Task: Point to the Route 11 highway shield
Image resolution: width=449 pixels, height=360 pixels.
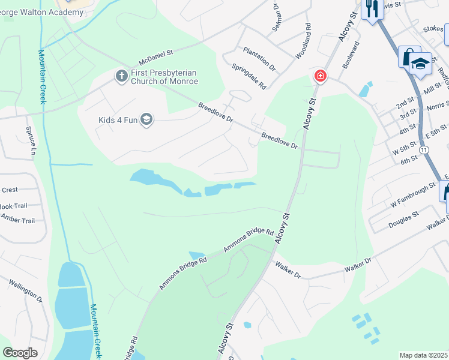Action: pos(424,149)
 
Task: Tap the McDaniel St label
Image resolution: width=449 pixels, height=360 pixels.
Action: pos(155,58)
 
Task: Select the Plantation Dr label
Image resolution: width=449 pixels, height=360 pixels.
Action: pos(259,59)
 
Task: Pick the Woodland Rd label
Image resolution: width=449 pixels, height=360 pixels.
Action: pos(303,41)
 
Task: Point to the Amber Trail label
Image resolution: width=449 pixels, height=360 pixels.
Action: pos(17,220)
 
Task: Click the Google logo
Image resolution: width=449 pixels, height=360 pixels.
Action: pos(20,353)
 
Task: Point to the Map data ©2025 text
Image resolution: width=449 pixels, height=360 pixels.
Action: pos(423,355)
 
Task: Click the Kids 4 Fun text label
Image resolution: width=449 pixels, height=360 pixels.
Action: pos(118,119)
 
